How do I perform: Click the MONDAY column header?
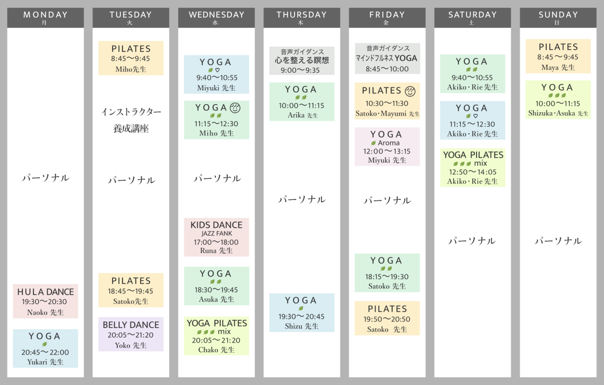point(45,17)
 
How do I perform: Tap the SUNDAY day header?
point(558,17)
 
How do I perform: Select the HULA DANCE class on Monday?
point(45,301)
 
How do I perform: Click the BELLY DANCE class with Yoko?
point(131,334)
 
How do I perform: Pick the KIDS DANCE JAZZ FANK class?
point(216,237)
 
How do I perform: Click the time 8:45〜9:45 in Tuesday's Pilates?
point(131,59)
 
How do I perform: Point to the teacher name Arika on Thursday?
point(296,115)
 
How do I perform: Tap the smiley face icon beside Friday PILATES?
point(410,91)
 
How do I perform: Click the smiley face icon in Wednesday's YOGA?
point(235,108)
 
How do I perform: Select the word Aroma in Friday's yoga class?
point(389,143)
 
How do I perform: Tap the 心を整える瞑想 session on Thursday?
point(302,60)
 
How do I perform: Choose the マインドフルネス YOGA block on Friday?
point(387,58)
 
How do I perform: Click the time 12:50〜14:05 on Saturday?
point(473,172)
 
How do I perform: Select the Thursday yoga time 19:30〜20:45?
point(302,317)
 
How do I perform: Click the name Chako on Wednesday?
point(208,350)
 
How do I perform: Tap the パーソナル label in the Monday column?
point(46,178)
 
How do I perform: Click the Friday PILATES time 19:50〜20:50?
point(387,319)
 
